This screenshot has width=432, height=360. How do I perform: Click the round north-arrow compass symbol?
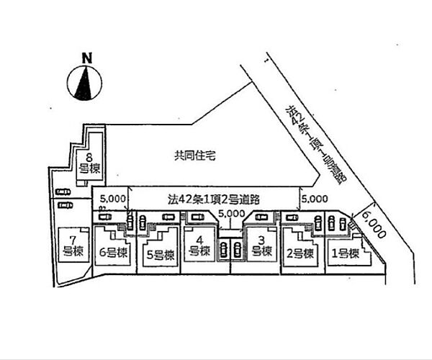[83, 84]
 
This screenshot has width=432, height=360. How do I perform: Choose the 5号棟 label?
[160, 254]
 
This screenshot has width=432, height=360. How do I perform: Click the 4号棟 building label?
[199, 247]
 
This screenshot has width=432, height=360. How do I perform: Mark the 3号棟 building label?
[262, 247]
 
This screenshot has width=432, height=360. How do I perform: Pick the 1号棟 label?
[345, 253]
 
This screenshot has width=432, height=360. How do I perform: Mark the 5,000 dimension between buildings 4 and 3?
[230, 215]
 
